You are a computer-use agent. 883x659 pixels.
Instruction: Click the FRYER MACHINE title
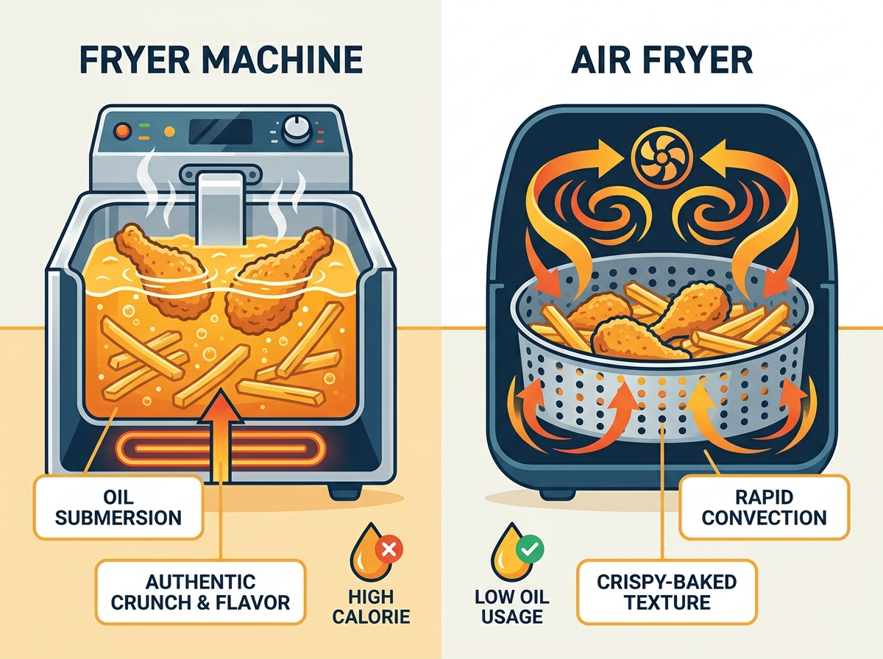pyautogui.click(x=221, y=60)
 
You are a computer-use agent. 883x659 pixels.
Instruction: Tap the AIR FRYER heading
pyautogui.click(x=662, y=60)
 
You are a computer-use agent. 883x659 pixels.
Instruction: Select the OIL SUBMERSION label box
pyautogui.click(x=118, y=507)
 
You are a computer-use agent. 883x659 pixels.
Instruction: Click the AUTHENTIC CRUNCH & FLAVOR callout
pyautogui.click(x=200, y=592)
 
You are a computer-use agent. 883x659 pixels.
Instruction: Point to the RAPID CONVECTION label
pyautogui.click(x=765, y=507)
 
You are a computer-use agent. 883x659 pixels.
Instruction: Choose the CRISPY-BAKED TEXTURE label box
pyautogui.click(x=667, y=592)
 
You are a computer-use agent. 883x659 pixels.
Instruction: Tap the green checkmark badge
pyautogui.click(x=530, y=548)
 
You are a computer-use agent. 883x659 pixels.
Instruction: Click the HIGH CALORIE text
pyautogui.click(x=372, y=607)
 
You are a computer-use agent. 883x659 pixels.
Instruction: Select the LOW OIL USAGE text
pyautogui.click(x=511, y=607)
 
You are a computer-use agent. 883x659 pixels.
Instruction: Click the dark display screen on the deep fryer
pyautogui.click(x=221, y=132)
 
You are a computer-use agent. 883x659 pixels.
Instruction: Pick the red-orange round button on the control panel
pyautogui.click(x=122, y=131)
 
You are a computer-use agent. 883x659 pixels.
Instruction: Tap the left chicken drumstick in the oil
pyautogui.click(x=165, y=269)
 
